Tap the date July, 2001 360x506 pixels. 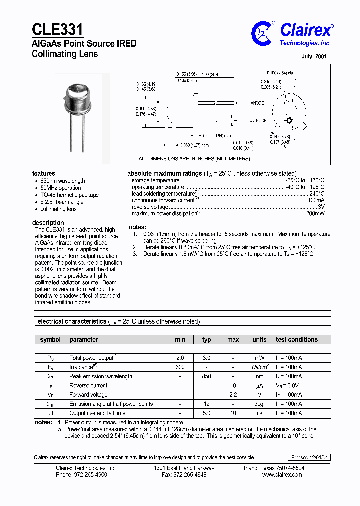tap(314, 56)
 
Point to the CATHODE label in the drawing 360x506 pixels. tap(257, 121)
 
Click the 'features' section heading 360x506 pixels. tap(44, 173)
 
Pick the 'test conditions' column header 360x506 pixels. tap(296, 339)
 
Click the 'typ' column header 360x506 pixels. tap(206, 340)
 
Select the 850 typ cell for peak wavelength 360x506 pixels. tap(206, 376)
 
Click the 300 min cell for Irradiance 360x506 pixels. tap(180, 367)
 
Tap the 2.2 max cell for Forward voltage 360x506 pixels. tap(233, 395)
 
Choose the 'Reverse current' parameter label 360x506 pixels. tap(89, 385)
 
